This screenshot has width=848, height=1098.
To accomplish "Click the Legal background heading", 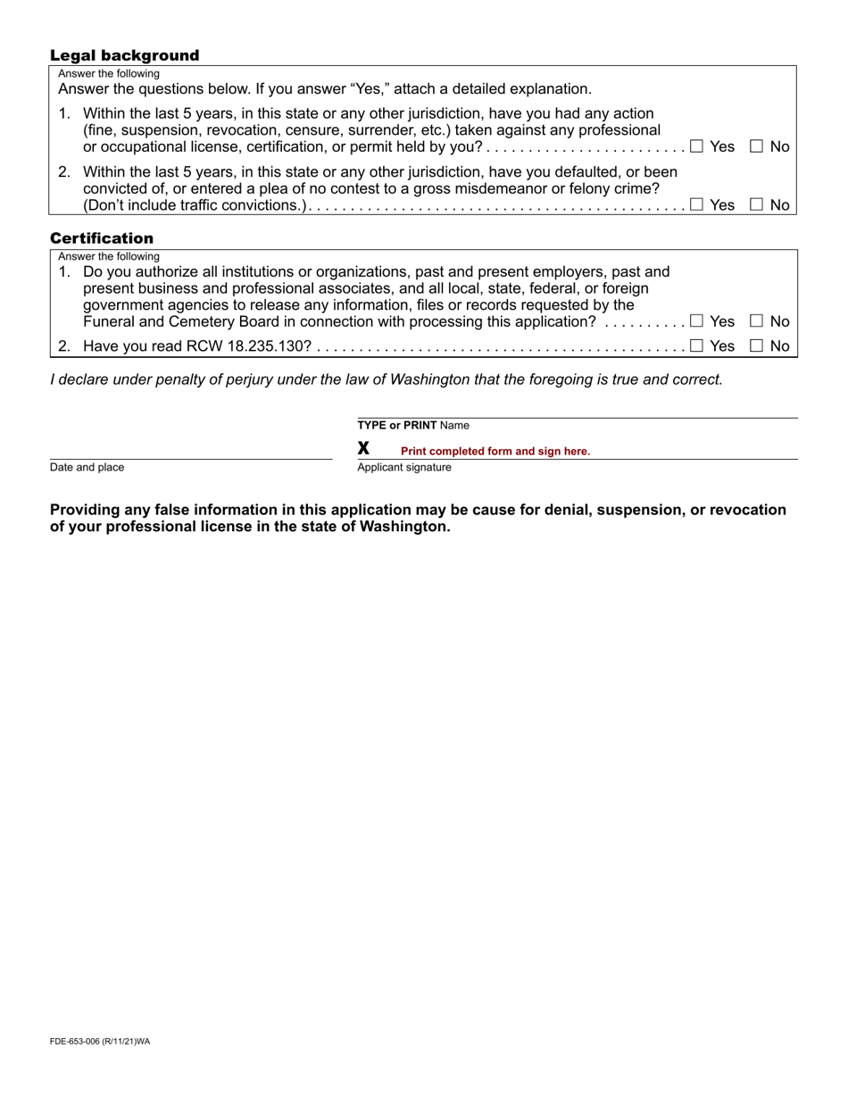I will (124, 55).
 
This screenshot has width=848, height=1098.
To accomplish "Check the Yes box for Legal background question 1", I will (697, 146).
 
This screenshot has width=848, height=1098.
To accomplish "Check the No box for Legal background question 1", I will (756, 146).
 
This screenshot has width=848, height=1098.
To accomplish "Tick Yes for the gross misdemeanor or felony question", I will (697, 204).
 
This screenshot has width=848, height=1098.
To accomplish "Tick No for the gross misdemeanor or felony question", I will (756, 204).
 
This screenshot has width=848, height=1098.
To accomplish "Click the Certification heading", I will (102, 238).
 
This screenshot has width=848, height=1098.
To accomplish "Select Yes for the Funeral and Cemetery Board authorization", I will (697, 320).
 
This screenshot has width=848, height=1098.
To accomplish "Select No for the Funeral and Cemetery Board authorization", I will (756, 320).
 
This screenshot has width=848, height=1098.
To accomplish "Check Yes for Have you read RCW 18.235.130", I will (697, 345).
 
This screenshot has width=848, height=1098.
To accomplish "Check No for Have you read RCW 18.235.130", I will (756, 345).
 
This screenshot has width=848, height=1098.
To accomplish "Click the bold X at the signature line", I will (363, 448).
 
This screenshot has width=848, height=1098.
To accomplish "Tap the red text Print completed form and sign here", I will (495, 451).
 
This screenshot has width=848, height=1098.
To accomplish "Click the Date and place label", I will (87, 468).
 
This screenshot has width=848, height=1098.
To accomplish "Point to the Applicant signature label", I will (404, 468).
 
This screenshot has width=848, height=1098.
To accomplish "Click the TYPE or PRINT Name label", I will (413, 425).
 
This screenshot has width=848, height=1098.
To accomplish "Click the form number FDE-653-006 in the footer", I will (100, 1041).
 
